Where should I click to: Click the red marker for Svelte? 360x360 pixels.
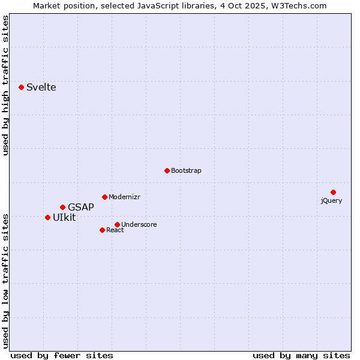coord(22,87)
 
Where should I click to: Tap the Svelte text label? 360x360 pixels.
coord(41,88)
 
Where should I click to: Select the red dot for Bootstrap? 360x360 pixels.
coord(167,170)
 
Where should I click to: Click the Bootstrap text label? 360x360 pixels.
coord(186,171)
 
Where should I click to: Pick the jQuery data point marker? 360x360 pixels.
coord(333,192)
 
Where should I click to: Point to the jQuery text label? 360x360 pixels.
coord(331,201)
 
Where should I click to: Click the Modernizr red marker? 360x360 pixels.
coord(104,197)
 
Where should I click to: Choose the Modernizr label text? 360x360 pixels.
coord(124,197)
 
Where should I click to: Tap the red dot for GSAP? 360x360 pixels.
coord(62,207)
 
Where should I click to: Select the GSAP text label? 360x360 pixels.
coord(80,208)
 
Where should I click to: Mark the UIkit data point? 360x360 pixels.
coord(47,217)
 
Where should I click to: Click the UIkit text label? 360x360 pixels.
coord(64,218)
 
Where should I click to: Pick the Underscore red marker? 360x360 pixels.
coord(117,224)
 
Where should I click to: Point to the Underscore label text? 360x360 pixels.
coord(139,225)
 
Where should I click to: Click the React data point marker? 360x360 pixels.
coord(102,230)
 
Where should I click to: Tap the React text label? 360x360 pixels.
coord(115,230)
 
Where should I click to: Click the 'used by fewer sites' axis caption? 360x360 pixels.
coord(62,355)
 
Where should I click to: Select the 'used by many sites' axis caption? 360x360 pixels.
coord(301,355)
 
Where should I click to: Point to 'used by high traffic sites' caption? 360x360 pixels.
coord(6,86)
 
